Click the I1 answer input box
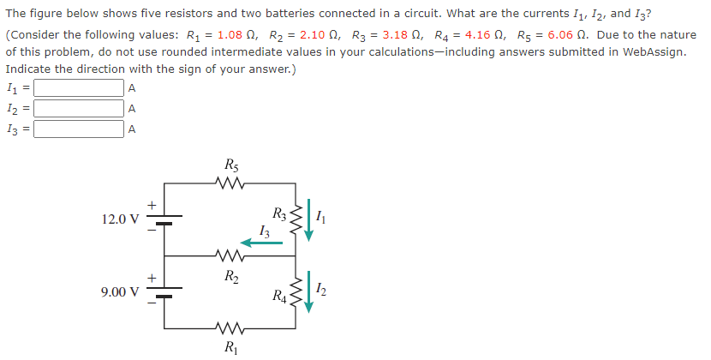tap(78, 88)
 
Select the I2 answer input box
tap(78, 109)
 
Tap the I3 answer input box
tap(78, 129)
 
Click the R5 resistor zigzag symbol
tap(230, 182)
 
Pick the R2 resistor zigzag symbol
tap(230, 255)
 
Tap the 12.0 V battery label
tap(118, 219)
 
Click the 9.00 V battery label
tap(118, 292)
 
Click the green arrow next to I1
tap(308, 222)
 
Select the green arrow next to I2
tap(308, 294)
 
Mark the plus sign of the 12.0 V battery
tap(150, 205)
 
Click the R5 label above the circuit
tap(230, 164)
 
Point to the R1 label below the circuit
tap(230, 347)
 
